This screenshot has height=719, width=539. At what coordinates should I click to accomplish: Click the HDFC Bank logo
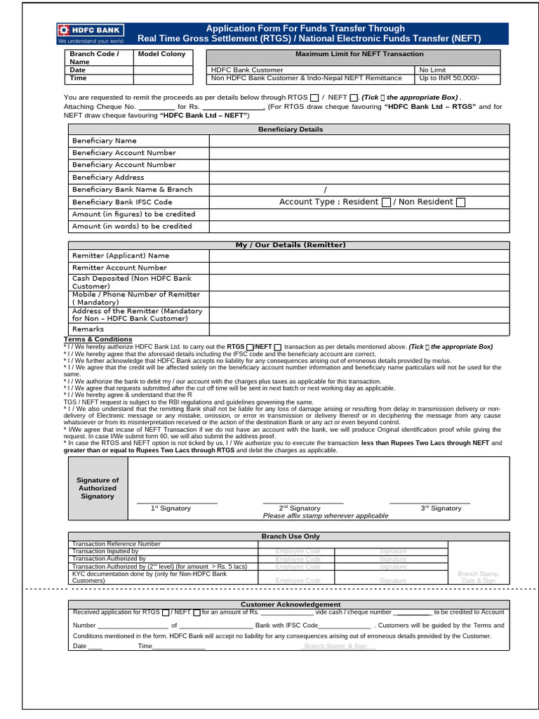[91, 33]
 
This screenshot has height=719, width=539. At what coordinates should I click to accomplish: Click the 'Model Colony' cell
[162, 54]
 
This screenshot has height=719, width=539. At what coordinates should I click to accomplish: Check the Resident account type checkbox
[386, 202]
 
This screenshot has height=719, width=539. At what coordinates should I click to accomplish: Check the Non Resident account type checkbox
[460, 202]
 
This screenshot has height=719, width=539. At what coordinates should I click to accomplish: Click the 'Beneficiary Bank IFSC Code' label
[122, 202]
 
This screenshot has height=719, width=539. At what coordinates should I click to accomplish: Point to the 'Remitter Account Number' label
[119, 268]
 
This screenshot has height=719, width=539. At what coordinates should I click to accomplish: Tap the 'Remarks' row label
[88, 329]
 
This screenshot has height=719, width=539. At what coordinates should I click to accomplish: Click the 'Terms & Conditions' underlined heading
[98, 340]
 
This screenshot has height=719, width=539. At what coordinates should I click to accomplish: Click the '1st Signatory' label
[171, 508]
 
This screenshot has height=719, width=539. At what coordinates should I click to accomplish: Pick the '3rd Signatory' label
[441, 508]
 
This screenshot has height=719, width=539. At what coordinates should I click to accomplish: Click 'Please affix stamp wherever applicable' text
[325, 515]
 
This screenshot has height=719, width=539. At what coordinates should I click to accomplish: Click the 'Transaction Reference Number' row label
[117, 543]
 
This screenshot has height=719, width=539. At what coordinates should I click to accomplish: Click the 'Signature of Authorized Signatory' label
[98, 488]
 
